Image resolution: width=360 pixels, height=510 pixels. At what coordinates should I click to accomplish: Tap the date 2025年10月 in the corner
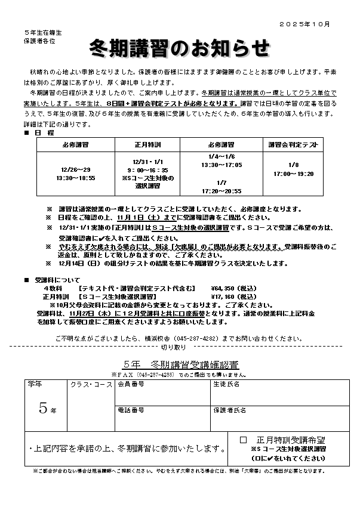pos(304,23)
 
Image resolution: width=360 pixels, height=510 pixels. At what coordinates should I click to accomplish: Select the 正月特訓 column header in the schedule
pos(146,144)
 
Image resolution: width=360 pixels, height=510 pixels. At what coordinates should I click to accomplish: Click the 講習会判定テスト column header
pos(293,144)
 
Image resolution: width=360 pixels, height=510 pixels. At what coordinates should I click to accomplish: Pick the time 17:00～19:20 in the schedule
pos(293,174)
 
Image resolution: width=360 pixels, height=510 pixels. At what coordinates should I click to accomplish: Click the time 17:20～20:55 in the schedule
pos(221,191)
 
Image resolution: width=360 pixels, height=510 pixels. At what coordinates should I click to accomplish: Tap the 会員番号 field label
pos(131,384)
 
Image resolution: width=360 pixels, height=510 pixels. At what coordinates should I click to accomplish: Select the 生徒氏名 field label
pos(226,384)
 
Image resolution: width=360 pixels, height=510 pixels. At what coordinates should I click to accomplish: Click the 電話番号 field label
pos(131,410)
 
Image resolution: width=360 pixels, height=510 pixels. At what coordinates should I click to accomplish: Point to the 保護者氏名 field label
pos(229,410)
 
